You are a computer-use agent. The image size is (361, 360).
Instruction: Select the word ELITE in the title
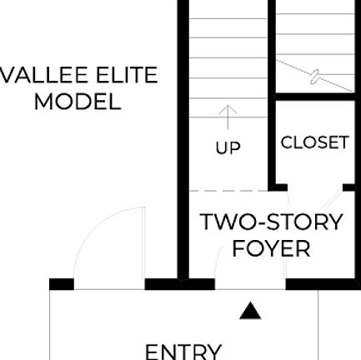tap(126, 76)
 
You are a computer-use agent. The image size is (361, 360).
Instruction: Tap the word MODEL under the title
tap(77, 102)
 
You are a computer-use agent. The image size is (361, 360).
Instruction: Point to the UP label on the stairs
tap(228, 148)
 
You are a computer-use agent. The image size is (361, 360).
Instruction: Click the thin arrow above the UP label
tap(228, 116)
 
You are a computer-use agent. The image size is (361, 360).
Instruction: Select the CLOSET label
tap(314, 142)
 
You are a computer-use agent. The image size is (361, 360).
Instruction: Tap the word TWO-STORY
tap(271, 222)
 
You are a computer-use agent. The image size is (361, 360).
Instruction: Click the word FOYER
tap(271, 249)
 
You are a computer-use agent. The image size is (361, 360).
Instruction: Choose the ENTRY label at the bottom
tap(183, 351)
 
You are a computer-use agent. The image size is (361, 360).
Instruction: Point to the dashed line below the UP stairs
tap(233, 190)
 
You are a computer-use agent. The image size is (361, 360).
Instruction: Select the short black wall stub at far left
tap(61, 284)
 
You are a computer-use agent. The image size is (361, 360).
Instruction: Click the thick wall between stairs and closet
tap(271, 142)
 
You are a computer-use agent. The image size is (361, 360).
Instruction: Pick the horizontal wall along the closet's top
tap(315, 97)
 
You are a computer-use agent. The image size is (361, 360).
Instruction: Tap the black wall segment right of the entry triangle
tap(322, 284)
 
